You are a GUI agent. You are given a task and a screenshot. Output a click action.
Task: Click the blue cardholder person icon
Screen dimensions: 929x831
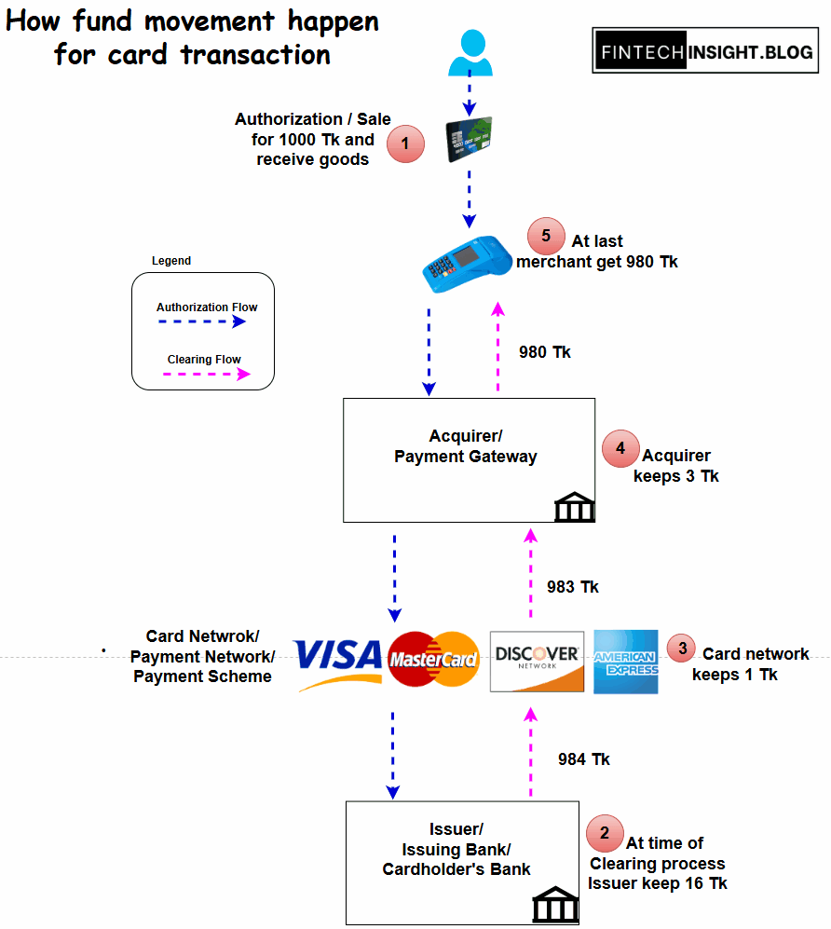pos(469,53)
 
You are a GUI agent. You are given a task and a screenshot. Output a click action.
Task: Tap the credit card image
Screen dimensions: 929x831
pos(469,140)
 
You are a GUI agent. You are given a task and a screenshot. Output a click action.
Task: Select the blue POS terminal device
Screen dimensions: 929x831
pos(463,258)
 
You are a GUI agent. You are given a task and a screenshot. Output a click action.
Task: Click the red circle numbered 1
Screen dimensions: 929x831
pos(405,144)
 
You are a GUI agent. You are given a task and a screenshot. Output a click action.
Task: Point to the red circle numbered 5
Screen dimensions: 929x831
pos(546,237)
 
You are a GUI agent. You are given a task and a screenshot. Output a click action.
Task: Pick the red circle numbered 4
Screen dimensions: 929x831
pos(620,449)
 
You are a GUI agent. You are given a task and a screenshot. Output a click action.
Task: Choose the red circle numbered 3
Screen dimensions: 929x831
pos(682,648)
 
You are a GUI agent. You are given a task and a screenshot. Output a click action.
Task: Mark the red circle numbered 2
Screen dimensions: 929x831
pos(605,833)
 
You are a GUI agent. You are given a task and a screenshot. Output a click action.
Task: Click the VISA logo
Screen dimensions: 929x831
pos(339,661)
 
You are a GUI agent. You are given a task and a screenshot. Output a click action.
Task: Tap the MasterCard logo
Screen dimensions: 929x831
pos(433,661)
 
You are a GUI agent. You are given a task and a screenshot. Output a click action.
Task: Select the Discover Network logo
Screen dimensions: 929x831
pos(537,662)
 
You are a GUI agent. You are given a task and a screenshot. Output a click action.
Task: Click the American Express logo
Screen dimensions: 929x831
pos(626,662)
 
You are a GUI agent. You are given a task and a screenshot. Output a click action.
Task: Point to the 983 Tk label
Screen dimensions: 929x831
pos(573,587)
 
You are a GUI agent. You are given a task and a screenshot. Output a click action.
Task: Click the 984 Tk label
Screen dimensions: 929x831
pos(584,759)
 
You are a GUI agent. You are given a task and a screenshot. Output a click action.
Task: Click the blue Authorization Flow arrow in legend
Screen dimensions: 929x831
pos(201,321)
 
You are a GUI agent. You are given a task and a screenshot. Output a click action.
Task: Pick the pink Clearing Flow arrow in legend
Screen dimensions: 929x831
pos(206,374)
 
